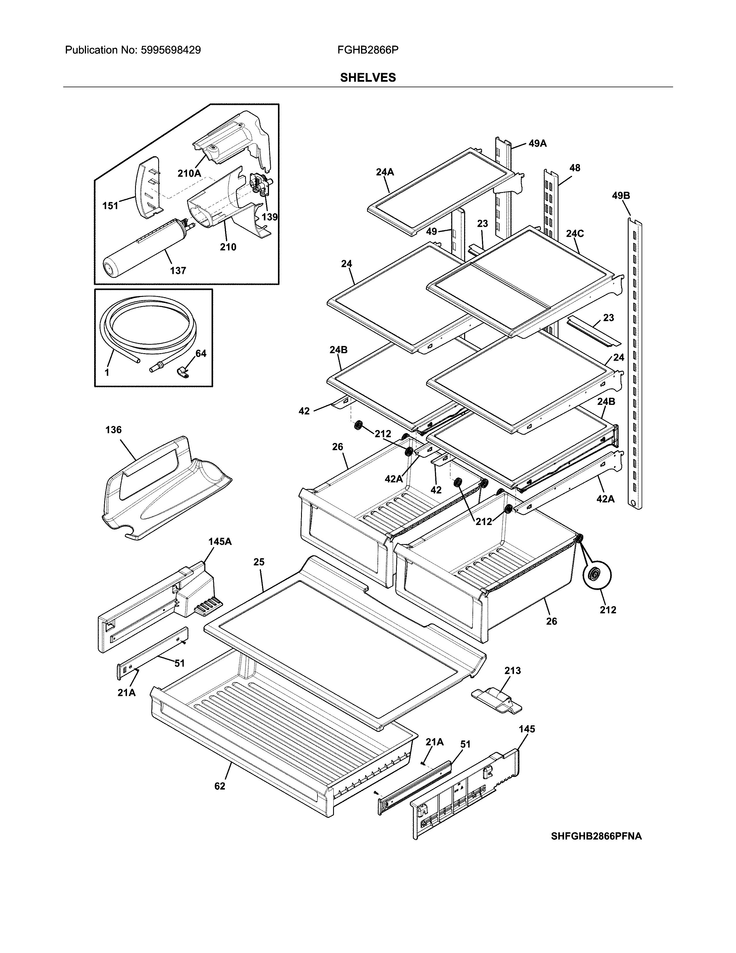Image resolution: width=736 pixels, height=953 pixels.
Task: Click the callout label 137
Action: point(178,271)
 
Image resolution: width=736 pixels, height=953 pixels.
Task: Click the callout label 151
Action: point(110,206)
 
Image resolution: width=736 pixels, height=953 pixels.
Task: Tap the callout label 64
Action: point(201,353)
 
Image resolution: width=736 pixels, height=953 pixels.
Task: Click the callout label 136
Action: point(113,430)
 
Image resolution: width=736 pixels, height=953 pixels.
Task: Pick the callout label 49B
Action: point(621,196)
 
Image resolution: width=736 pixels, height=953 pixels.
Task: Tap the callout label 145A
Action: point(220,541)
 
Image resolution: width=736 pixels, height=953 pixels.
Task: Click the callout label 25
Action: point(259,562)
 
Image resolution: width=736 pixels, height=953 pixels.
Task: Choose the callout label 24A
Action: point(384,172)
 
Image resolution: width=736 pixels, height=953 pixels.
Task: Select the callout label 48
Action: point(575,168)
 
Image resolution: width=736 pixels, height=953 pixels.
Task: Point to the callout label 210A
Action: point(189,173)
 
